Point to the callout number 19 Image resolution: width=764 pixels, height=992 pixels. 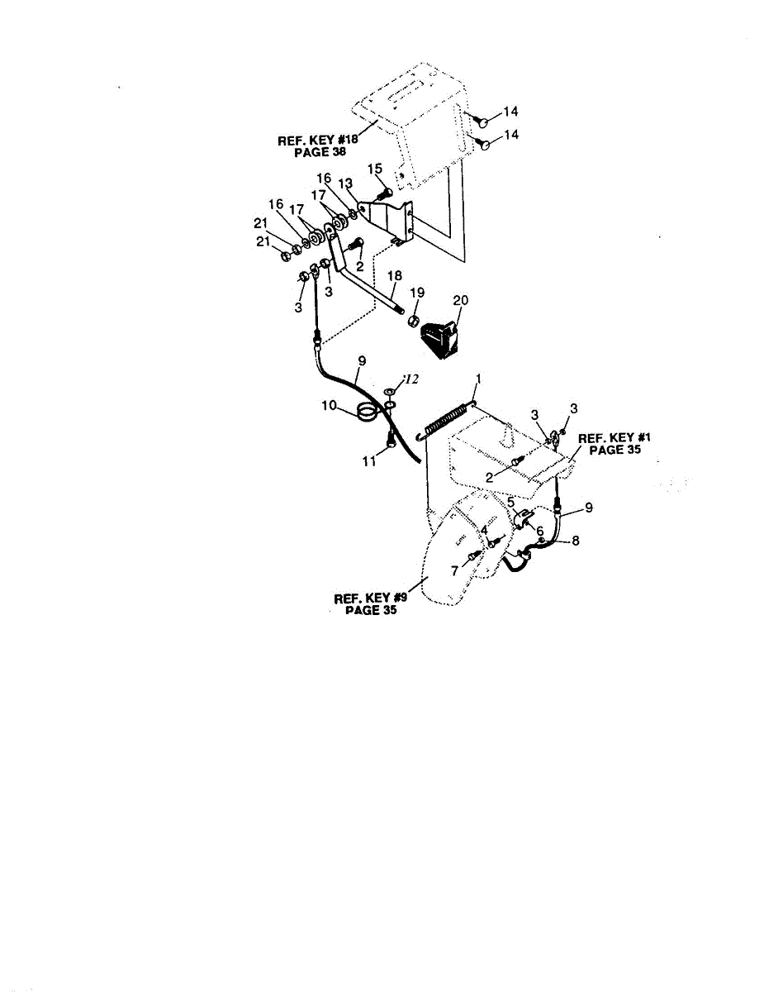click(416, 292)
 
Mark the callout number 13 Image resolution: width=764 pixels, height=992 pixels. click(344, 182)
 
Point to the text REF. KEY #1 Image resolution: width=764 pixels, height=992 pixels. click(609, 438)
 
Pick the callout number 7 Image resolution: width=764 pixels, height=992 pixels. click(453, 572)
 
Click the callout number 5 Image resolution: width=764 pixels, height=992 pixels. click(512, 502)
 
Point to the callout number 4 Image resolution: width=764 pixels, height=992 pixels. click(485, 530)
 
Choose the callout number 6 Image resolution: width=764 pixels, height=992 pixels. click(539, 531)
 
